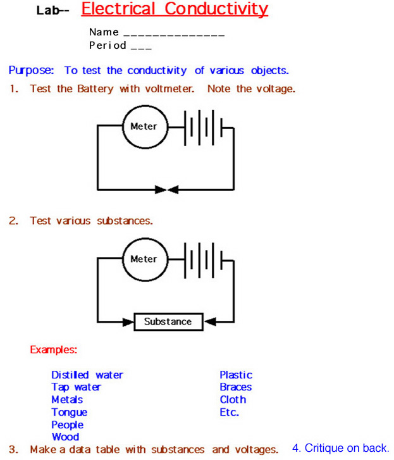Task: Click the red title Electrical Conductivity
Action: [x=175, y=9]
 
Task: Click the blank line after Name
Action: [x=173, y=34]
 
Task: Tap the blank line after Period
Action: [x=141, y=47]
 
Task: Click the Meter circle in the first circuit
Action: [x=144, y=127]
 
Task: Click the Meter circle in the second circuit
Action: [x=144, y=259]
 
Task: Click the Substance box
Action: [x=168, y=321]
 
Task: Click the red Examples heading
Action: [x=54, y=349]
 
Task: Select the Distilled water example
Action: [x=87, y=375]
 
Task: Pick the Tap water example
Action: [x=76, y=387]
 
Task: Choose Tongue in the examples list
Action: [x=70, y=413]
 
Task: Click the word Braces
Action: [x=236, y=387]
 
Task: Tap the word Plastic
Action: [x=236, y=375]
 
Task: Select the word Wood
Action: [x=65, y=437]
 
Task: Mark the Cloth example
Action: [x=233, y=400]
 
